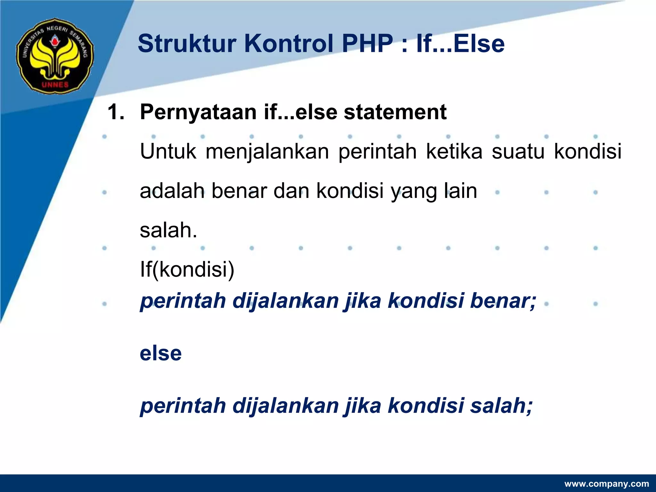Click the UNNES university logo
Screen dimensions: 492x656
tap(55, 56)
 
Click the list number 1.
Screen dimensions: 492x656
tap(115, 112)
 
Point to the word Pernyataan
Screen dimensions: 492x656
tap(198, 113)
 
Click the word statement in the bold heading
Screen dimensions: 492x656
tap(395, 112)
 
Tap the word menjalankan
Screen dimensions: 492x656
tap(267, 152)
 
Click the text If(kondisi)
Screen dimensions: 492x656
tap(187, 270)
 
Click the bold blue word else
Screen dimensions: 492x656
tap(160, 353)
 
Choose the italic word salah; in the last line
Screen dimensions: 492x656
tap(501, 406)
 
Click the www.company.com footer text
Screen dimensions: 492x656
tap(606, 484)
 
